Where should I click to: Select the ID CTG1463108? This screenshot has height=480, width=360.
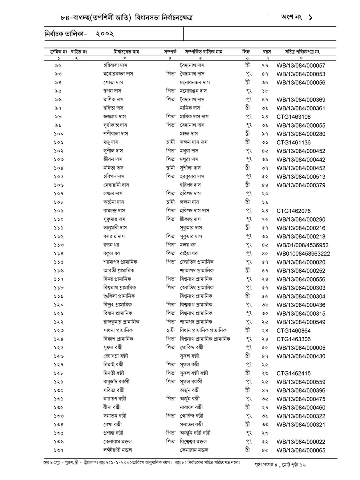click(x=294, y=117)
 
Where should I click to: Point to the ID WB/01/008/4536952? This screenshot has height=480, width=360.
click(x=302, y=245)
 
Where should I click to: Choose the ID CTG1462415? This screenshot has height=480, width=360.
click(x=294, y=374)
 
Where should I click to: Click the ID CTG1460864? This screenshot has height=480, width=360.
click(x=294, y=331)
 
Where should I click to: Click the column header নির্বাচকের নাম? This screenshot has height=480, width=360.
click(x=126, y=52)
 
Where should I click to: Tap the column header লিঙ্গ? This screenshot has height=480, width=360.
click(x=246, y=52)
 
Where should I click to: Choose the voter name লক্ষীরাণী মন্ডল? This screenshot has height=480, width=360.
click(x=118, y=450)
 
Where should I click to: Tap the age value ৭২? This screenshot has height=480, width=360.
click(x=266, y=220)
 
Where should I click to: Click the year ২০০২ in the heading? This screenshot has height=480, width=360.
click(x=105, y=34)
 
